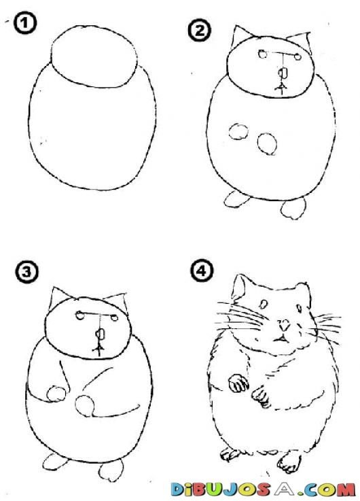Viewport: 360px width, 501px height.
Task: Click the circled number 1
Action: (25, 23)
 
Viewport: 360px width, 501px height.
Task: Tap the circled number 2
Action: (199, 31)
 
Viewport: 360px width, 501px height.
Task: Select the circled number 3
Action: (26, 272)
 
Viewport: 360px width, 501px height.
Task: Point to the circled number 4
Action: (202, 271)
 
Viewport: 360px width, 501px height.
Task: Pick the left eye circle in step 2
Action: (263, 54)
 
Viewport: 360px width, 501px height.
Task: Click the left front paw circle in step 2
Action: (238, 132)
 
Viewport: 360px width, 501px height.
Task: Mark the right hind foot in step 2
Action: (293, 209)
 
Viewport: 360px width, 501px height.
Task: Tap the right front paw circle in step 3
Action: (85, 406)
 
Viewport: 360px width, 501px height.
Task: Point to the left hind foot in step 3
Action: (55, 462)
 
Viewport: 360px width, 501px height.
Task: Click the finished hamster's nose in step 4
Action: (283, 325)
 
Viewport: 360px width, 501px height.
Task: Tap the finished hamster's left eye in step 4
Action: (264, 304)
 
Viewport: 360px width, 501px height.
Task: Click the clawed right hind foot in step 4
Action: (289, 462)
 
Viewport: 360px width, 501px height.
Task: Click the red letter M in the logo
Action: (344, 489)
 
